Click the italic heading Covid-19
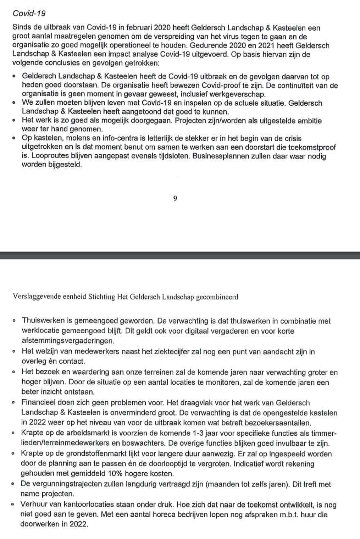pos(29,13)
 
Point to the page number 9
pos(175,199)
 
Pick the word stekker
pos(201,138)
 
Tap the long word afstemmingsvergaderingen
pos(68,341)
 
